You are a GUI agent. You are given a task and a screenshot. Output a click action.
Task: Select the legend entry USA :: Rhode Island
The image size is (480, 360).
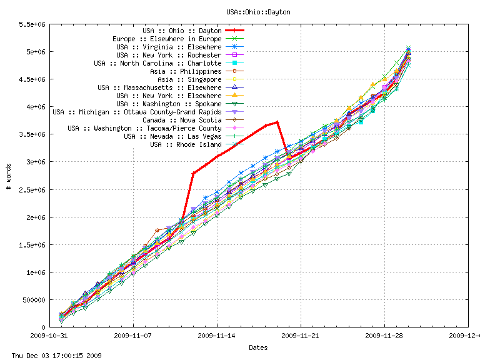pos(186,144)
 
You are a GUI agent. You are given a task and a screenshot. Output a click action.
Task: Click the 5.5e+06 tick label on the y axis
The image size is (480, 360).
pos(35,24)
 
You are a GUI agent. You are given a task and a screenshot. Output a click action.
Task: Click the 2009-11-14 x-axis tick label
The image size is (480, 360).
pos(217,335)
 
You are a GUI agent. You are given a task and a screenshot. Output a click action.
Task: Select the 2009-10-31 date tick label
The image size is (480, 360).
pos(50,335)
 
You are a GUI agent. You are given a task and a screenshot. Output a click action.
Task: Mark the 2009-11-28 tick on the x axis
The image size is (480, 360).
pos(384,335)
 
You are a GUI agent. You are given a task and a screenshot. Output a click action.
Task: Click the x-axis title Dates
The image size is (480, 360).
pos(258,347)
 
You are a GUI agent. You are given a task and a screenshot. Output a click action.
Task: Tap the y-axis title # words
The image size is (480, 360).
pos(7,176)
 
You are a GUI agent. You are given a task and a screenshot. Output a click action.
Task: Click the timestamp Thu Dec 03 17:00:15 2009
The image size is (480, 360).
pos(51,356)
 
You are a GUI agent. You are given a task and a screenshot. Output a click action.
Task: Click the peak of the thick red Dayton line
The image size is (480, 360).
pos(277,122)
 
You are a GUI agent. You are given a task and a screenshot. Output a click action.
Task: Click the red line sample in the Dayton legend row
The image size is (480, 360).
pos(235,31)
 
